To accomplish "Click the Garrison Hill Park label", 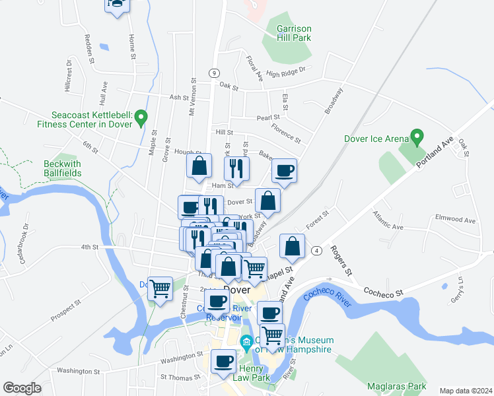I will pyautogui.click(x=295, y=34).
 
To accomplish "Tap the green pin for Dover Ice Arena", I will pyautogui.click(x=417, y=137).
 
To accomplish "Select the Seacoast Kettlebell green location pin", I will pyautogui.click(x=141, y=119).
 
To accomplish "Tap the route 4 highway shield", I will pyautogui.click(x=318, y=251).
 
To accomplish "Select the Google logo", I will pyautogui.click(x=22, y=388).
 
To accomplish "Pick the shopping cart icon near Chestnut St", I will pyautogui.click(x=160, y=288).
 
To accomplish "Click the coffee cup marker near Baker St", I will pyautogui.click(x=285, y=171).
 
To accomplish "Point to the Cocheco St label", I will pyautogui.click(x=384, y=290).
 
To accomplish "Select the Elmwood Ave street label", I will pyautogui.click(x=455, y=220).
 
